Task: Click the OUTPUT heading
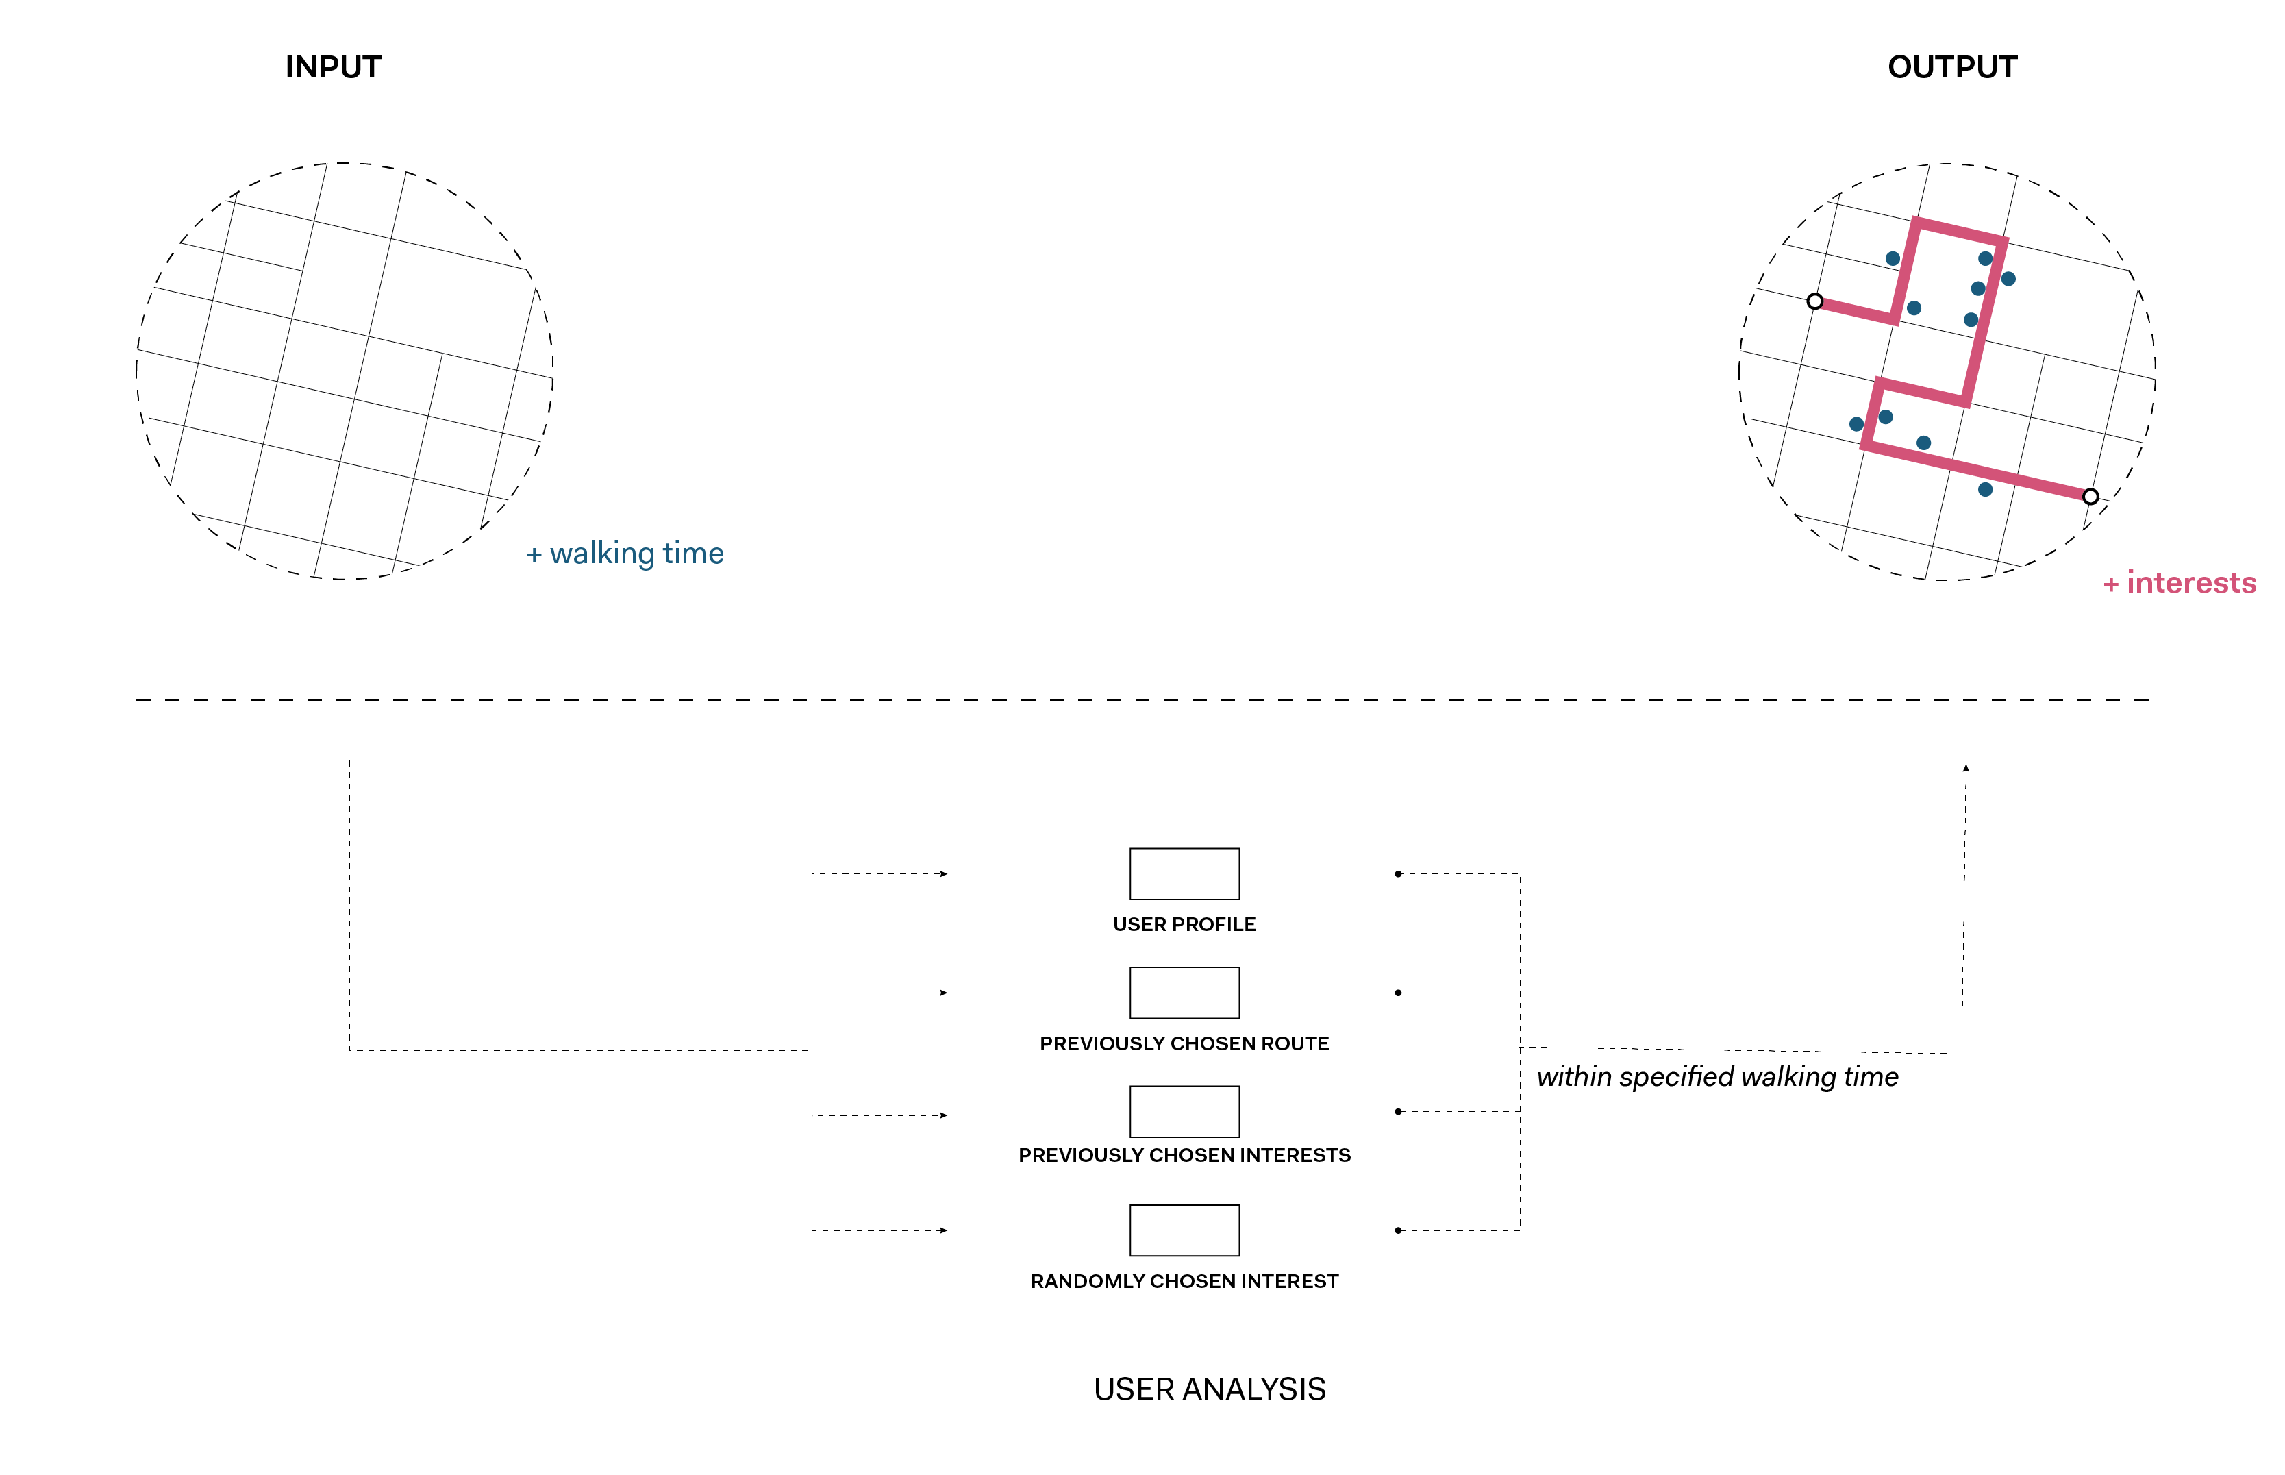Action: tap(1951, 67)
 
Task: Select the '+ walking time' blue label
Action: tap(625, 554)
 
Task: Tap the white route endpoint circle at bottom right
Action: tap(2090, 496)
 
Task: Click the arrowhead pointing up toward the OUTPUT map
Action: tap(1965, 768)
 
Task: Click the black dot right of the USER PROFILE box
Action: tap(1398, 873)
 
